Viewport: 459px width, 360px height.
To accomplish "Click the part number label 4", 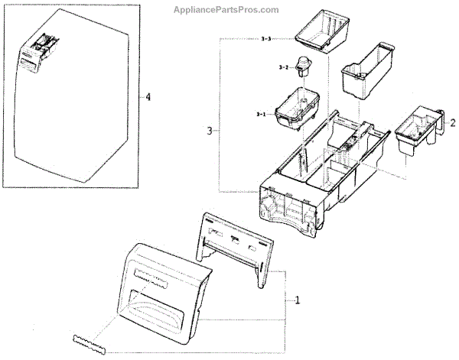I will pyautogui.click(x=148, y=98).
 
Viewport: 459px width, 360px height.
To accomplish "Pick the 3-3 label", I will pyautogui.click(x=265, y=39).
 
